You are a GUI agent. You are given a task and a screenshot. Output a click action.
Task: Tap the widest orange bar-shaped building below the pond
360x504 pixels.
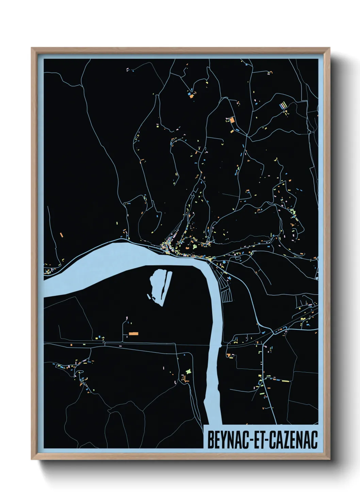coord(133,333)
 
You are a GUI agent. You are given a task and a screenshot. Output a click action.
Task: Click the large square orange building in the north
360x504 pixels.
coord(232,120)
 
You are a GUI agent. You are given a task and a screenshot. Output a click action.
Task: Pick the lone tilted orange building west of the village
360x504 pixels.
coord(62,235)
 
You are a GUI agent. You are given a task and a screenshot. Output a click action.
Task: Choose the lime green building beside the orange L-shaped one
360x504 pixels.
coord(187,371)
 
